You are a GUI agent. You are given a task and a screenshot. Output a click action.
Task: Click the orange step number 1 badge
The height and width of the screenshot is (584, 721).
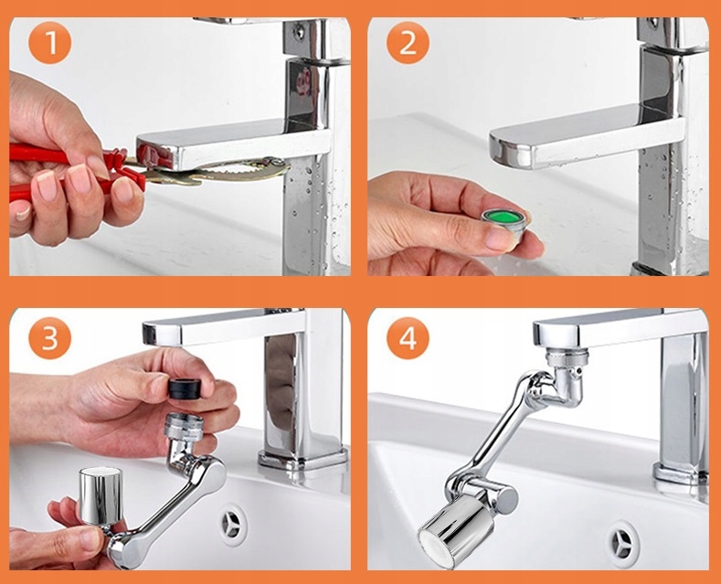tap(50, 42)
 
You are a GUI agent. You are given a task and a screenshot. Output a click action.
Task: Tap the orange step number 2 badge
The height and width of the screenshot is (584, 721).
tap(408, 42)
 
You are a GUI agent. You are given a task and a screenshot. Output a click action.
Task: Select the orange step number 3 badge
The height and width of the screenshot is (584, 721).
tap(50, 338)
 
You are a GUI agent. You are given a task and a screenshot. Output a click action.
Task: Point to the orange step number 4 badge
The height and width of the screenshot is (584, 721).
tap(408, 338)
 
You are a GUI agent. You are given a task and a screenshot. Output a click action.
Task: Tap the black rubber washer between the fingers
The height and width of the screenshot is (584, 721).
tap(185, 389)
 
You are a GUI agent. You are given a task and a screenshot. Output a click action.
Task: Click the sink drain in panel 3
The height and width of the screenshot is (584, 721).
tap(233, 525)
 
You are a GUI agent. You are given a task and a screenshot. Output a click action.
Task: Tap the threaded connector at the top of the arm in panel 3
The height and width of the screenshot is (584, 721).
tap(184, 426)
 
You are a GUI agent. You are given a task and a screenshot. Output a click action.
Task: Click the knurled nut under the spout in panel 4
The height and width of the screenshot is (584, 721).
tap(567, 358)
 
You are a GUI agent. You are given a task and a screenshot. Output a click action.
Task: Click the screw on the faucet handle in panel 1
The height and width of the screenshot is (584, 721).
tap(300, 31)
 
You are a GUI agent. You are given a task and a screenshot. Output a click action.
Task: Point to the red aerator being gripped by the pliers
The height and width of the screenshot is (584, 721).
tap(155, 155)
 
